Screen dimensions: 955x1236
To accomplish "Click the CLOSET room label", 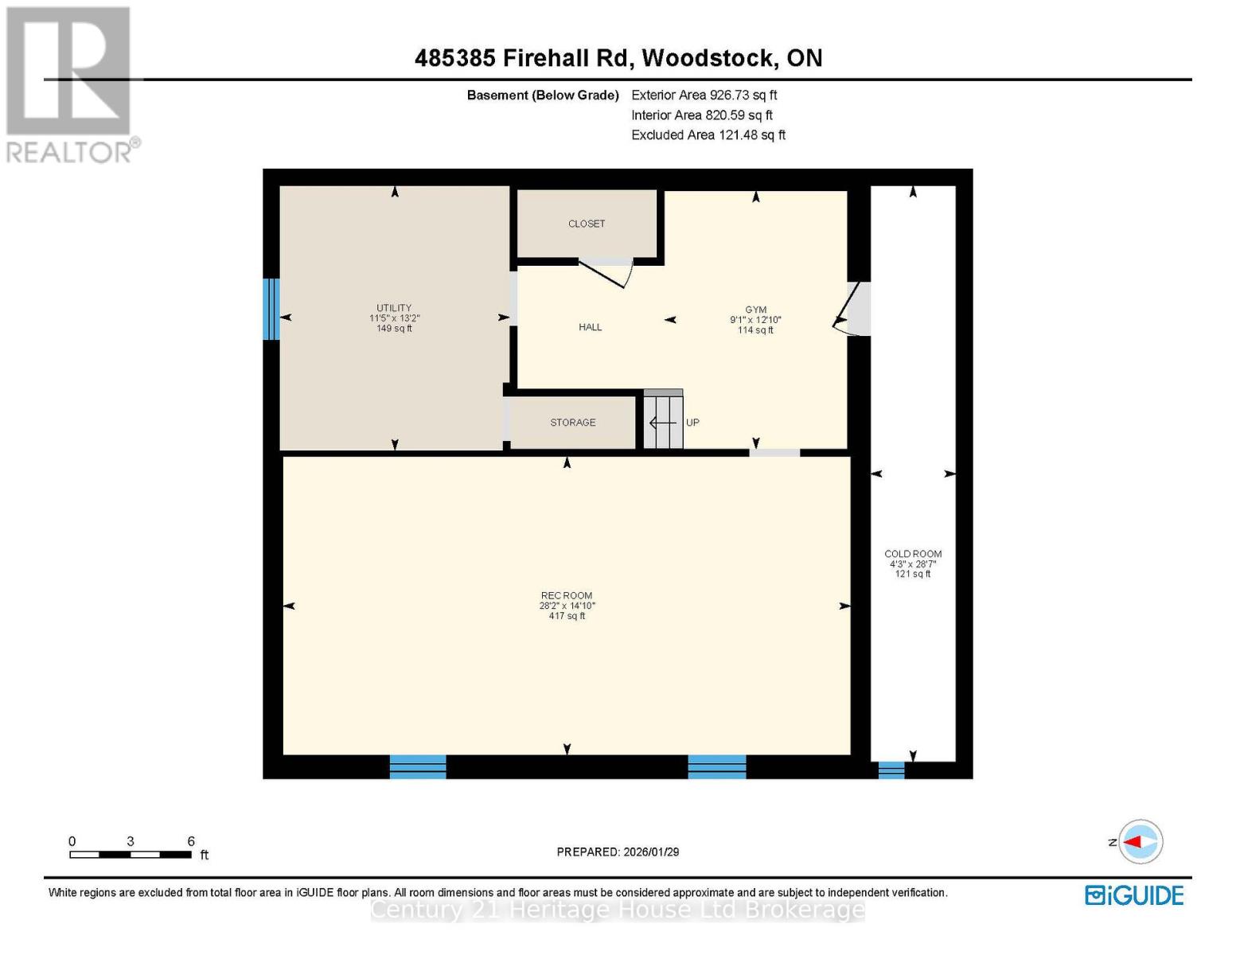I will point(587,224).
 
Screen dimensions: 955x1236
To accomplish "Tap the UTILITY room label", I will point(394,309).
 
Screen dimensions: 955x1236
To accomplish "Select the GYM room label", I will point(755,310).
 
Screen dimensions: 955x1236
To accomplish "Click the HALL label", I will point(590,327).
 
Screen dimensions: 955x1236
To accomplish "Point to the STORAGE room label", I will point(572,423).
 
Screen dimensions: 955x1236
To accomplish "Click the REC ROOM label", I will point(567,595).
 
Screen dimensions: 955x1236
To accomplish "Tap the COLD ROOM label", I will point(913,554).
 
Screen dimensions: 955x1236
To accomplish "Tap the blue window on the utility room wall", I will point(271,309).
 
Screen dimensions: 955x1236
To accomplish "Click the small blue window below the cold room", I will point(891,770).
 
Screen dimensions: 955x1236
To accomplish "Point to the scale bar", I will point(131,855).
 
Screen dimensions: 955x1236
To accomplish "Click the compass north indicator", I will point(1140,842).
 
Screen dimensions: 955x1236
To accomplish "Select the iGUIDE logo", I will point(1134,895).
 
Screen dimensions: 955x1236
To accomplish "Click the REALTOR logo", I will point(70,84).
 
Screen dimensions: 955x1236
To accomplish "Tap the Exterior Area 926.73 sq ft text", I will point(704,95).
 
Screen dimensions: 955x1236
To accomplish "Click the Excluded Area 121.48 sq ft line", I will point(708,135).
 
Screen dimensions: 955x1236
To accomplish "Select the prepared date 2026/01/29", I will point(618,852).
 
